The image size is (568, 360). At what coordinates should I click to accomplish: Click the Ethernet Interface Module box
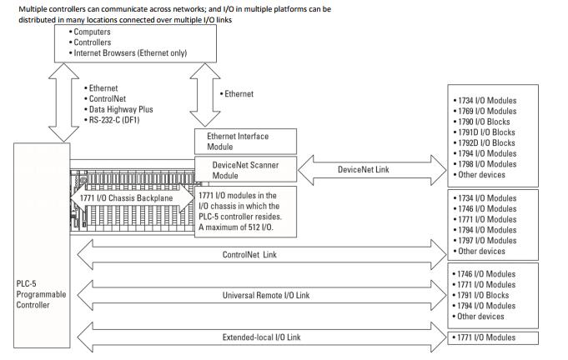[x=245, y=142]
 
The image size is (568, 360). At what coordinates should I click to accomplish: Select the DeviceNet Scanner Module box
[x=245, y=169]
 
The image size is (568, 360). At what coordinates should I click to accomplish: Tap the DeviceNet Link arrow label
[x=364, y=169]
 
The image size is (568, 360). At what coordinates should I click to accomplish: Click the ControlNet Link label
[x=249, y=255]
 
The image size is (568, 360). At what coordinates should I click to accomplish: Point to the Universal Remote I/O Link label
[x=266, y=295]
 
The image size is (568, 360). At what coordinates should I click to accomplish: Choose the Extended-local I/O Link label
[x=262, y=337]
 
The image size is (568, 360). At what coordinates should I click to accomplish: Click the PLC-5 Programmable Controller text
[x=41, y=294]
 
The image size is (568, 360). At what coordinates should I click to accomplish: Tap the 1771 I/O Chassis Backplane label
[x=127, y=197]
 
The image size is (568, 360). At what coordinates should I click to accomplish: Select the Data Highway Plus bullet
[x=118, y=109]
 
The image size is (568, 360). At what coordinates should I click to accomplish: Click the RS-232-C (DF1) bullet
[x=112, y=120]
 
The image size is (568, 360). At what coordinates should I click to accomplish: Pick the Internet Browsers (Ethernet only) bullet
[x=128, y=52]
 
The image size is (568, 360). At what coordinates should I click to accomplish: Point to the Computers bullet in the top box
[x=90, y=32]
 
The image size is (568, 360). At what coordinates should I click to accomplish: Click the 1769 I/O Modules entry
[x=485, y=111]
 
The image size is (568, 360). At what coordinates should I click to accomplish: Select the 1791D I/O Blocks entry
[x=485, y=132]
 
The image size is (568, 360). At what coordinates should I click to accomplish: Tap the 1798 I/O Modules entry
[x=485, y=164]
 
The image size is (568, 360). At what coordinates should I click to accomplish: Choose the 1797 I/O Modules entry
[x=485, y=241]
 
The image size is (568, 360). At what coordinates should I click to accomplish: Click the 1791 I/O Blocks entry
[x=480, y=295]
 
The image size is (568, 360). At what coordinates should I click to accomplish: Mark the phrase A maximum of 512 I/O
[x=236, y=227]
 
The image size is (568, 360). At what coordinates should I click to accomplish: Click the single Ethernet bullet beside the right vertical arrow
[x=237, y=93]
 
